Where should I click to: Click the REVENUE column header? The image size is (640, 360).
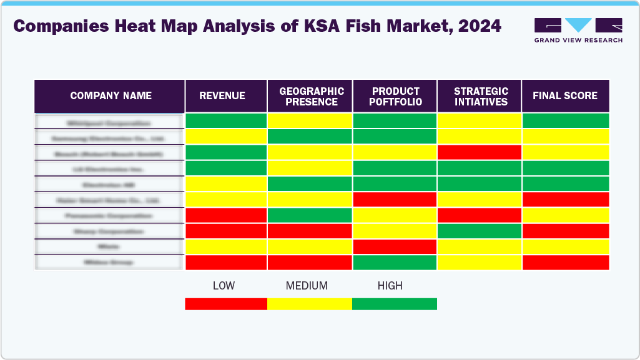pyautogui.click(x=222, y=96)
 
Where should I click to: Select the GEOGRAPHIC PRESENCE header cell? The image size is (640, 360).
pyautogui.click(x=310, y=97)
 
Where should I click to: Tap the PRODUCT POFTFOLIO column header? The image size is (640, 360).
pyautogui.click(x=395, y=97)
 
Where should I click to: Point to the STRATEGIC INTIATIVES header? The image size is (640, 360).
pyautogui.click(x=480, y=97)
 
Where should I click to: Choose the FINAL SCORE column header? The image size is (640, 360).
pyautogui.click(x=565, y=96)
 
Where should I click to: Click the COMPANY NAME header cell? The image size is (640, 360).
pyautogui.click(x=111, y=96)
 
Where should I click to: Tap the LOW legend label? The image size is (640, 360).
pyautogui.click(x=224, y=286)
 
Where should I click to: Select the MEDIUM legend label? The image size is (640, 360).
pyautogui.click(x=307, y=286)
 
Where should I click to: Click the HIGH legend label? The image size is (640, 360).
pyautogui.click(x=390, y=286)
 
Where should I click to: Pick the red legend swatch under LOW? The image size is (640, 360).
pyautogui.click(x=226, y=304)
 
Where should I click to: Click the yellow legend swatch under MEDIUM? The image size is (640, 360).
pyautogui.click(x=310, y=304)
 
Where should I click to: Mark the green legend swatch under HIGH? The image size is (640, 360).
pyautogui.click(x=395, y=304)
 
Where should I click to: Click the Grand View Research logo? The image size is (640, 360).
pyautogui.click(x=578, y=30)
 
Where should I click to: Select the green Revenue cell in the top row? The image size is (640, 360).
pyautogui.click(x=226, y=121)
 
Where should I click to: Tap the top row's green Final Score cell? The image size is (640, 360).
pyautogui.click(x=565, y=121)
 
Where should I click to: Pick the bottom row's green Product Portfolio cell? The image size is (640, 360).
pyautogui.click(x=395, y=263)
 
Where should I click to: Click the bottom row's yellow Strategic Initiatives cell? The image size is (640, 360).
pyautogui.click(x=480, y=263)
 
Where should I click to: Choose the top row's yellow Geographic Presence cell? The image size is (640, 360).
pyautogui.click(x=310, y=121)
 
